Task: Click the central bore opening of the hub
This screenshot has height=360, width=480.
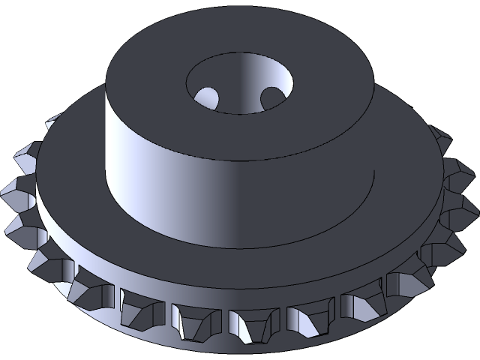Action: click(238, 82)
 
